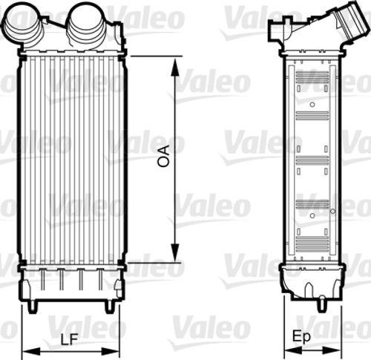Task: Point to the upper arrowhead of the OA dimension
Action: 175,62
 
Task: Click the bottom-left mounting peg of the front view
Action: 33,304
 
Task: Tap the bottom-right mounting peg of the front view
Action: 109,304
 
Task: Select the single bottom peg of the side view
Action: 324,303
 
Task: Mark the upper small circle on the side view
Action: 312,104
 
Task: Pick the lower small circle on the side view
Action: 312,215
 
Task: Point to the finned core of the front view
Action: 70,160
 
